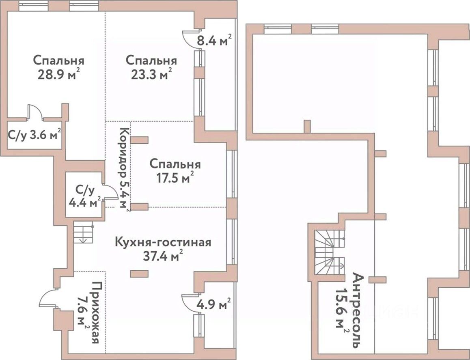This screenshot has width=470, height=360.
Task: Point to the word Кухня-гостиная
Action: tap(163, 243)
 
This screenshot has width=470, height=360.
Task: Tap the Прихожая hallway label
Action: tap(96, 313)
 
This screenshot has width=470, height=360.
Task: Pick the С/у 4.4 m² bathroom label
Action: tap(84, 196)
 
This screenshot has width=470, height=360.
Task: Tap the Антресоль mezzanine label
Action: tap(358, 310)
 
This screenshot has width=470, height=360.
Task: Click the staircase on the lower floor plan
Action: tap(84, 233)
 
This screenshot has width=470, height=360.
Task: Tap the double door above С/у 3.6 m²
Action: tap(36, 112)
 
